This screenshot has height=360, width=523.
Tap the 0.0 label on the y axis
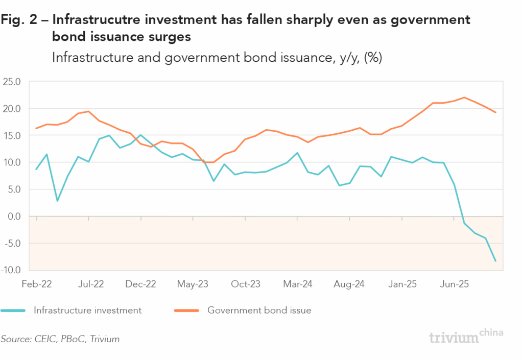[14, 216]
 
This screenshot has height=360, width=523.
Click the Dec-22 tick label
[140, 283]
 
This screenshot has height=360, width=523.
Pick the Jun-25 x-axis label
[455, 283]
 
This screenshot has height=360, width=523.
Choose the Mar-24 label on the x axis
[298, 283]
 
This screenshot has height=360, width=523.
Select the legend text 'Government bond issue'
[259, 310]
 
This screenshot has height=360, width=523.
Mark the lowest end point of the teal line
[495, 261]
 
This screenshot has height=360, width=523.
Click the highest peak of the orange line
[464, 98]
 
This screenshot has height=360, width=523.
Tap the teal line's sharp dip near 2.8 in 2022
[57, 201]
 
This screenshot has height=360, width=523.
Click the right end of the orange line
[495, 112]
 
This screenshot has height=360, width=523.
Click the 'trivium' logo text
[454, 338]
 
